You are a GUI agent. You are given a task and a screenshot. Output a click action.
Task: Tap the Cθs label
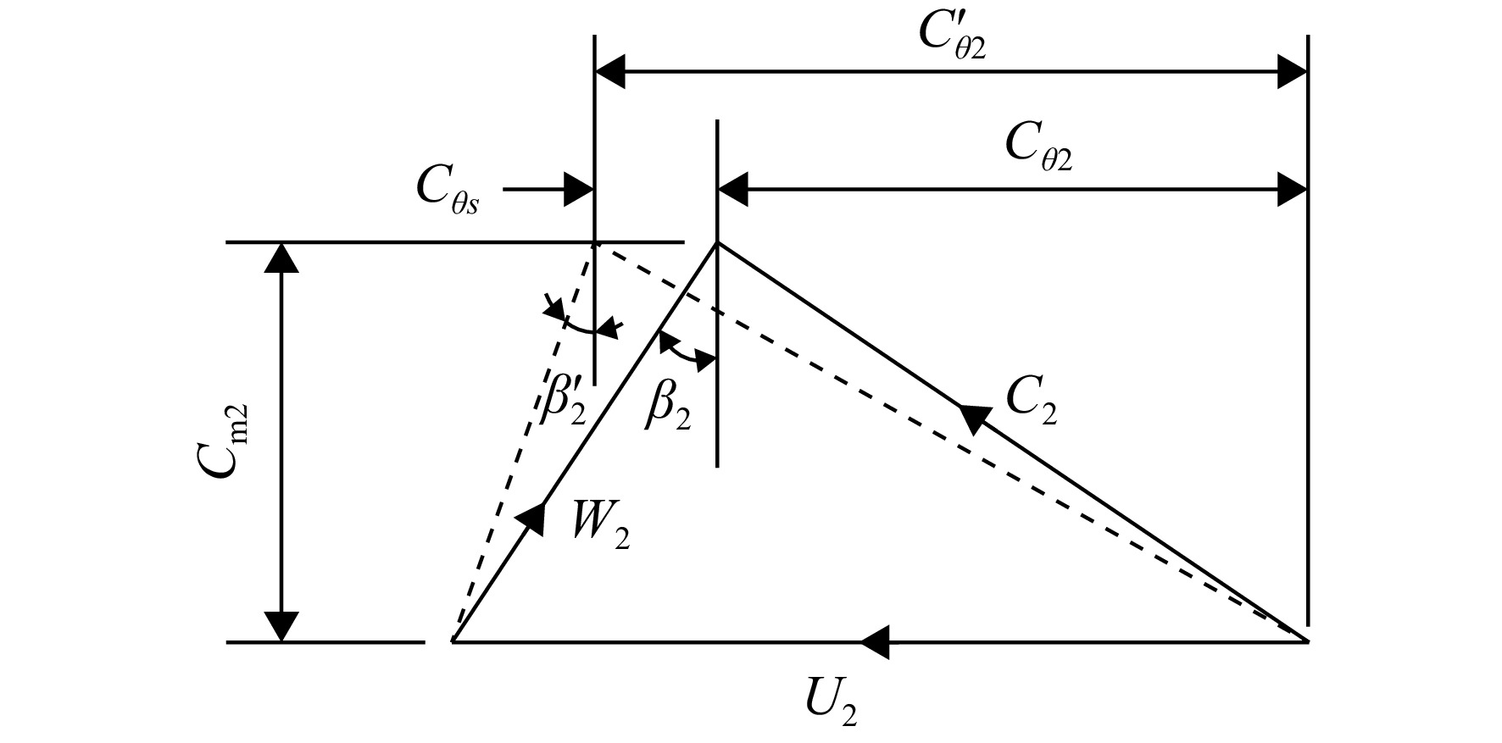[448, 192]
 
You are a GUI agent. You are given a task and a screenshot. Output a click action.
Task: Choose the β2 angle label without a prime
[668, 405]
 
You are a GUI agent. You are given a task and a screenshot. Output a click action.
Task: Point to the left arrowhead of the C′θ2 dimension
[611, 73]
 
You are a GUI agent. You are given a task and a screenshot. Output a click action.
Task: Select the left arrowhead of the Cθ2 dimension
[734, 190]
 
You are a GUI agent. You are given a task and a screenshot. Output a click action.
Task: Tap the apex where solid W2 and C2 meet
[718, 243]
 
